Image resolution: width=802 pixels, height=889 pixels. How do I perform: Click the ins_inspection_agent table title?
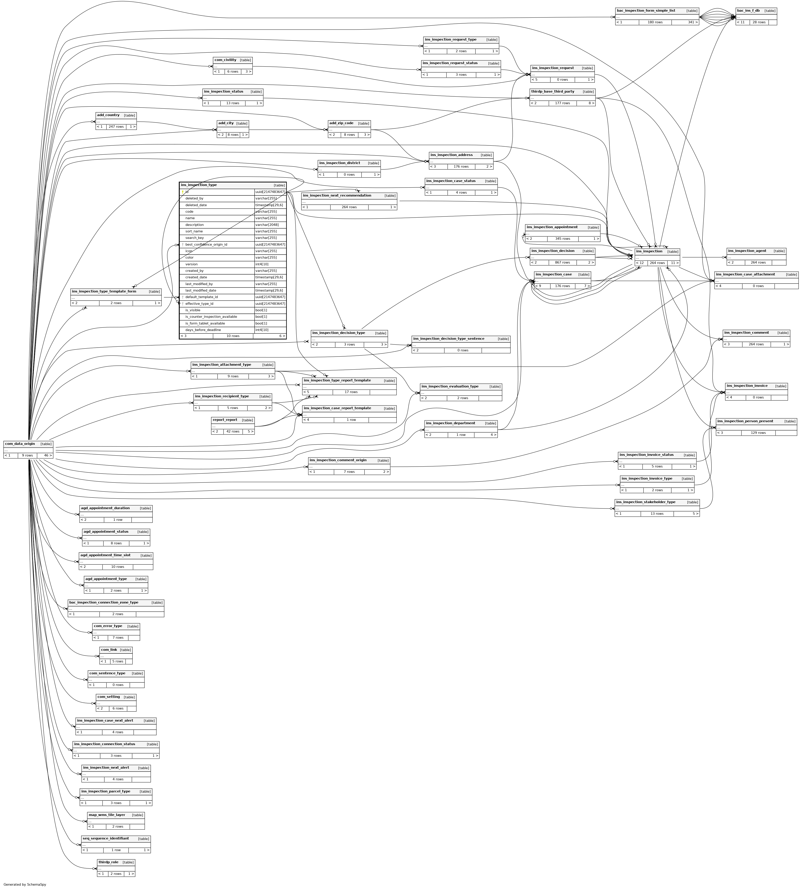pyautogui.click(x=747, y=251)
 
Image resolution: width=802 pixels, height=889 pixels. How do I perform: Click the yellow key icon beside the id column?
pyautogui.click(x=182, y=192)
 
